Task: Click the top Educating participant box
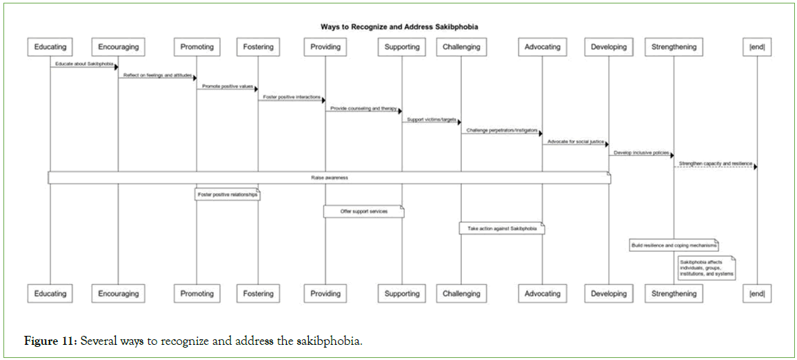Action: pyautogui.click(x=50, y=47)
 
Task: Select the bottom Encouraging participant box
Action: pyautogui.click(x=119, y=294)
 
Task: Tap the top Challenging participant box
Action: pyautogui.click(x=462, y=47)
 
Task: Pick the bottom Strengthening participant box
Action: pyautogui.click(x=674, y=294)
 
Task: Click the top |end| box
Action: pyautogui.click(x=756, y=47)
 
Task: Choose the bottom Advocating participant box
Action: pyautogui.click(x=543, y=294)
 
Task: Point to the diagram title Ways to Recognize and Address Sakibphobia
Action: pyautogui.click(x=399, y=27)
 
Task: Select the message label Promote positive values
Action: pyautogui.click(x=227, y=86)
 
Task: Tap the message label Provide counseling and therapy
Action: pyautogui.click(x=363, y=108)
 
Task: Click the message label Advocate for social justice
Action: pyautogui.click(x=575, y=141)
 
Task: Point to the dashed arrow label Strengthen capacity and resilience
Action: pyautogui.click(x=715, y=163)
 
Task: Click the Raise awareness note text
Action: pyautogui.click(x=329, y=178)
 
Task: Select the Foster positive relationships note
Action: pyautogui.click(x=228, y=195)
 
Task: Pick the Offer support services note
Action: pyautogui.click(x=363, y=212)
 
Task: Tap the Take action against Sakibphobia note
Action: pyautogui.click(x=501, y=228)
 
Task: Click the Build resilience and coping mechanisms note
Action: pyautogui.click(x=674, y=246)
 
